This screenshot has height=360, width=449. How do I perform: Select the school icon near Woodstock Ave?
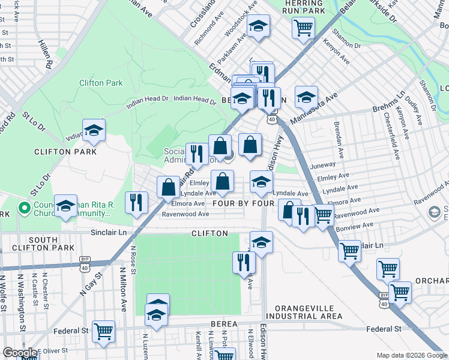coord(258,26)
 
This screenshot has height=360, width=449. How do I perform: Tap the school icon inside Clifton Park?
coord(93,131)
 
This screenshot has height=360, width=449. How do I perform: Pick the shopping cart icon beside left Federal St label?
coord(104,331)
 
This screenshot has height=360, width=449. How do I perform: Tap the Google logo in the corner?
coord(20,353)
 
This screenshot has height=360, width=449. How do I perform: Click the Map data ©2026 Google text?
coord(411,355)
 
